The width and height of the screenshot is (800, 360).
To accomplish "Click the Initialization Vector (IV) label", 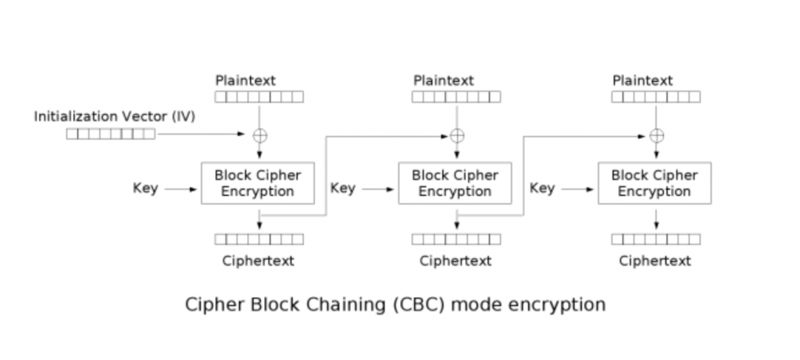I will (x=114, y=116).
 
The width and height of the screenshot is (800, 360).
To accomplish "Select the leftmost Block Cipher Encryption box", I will (x=258, y=184).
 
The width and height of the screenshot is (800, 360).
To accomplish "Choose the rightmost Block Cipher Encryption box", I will (x=655, y=184).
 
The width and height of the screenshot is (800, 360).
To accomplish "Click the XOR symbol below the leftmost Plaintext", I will (x=258, y=134).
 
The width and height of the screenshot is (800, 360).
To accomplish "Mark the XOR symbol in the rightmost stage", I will (x=655, y=134).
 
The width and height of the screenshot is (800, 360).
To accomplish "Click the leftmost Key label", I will (x=145, y=188).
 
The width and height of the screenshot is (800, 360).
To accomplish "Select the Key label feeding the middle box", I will (x=343, y=188).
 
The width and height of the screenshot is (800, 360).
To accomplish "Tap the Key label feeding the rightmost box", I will (x=542, y=188).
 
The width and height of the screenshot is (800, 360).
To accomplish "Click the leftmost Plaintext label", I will (x=245, y=80).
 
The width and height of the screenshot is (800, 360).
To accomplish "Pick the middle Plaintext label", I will (x=444, y=80).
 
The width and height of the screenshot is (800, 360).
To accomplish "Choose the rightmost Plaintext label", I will (x=642, y=80).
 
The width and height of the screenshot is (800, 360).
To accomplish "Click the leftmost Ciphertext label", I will (x=258, y=261).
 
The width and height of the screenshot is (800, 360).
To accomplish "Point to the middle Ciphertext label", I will (x=455, y=261).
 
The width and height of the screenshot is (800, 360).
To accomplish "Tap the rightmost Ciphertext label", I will (x=655, y=261).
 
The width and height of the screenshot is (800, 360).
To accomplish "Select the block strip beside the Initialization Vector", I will (x=110, y=134).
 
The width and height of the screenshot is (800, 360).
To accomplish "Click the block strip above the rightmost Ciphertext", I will (x=655, y=239).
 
